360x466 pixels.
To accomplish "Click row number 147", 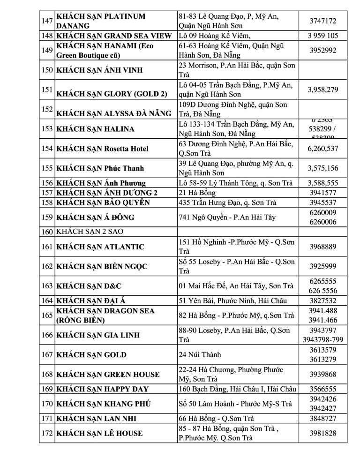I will point(46,21).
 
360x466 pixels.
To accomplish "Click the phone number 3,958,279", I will point(322,90).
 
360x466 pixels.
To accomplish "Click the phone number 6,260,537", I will point(322,149).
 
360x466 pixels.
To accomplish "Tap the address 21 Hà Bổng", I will point(197,193).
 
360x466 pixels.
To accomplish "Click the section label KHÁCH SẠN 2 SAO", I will point(90,232).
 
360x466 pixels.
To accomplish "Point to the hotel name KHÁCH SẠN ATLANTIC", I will point(100,247).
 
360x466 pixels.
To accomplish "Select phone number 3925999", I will point(322,266).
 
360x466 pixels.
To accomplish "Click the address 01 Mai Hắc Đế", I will point(236,286).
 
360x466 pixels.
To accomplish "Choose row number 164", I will point(46,301).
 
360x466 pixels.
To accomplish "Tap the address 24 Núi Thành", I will point(200,355).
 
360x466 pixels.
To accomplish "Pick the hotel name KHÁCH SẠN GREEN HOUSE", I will point(108,374).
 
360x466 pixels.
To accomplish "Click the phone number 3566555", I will point(322,389).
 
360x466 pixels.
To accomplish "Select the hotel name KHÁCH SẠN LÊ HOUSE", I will point(99,433).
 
